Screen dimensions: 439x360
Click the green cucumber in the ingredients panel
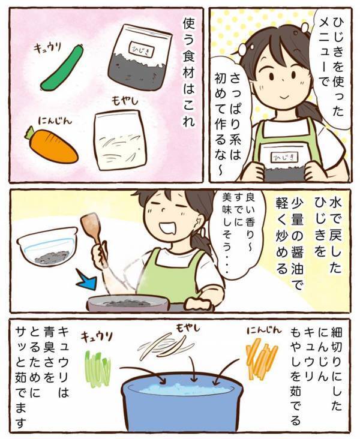61,68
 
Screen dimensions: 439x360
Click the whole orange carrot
53,146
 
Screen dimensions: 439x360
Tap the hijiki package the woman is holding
282,161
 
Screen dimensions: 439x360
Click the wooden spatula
95,233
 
